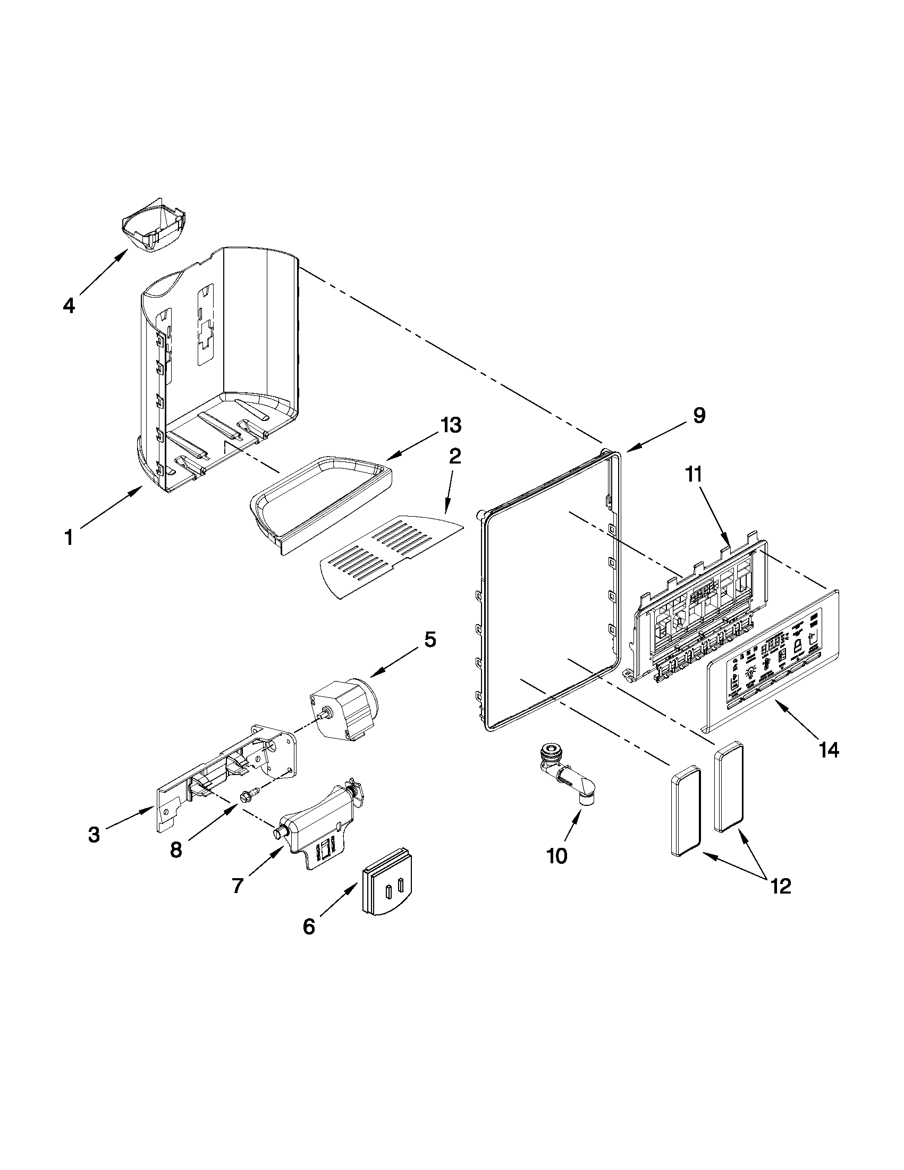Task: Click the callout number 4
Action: [69, 306]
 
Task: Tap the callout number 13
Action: [450, 425]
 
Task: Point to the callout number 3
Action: [94, 834]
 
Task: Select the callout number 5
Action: [430, 639]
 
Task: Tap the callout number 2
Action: [454, 457]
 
